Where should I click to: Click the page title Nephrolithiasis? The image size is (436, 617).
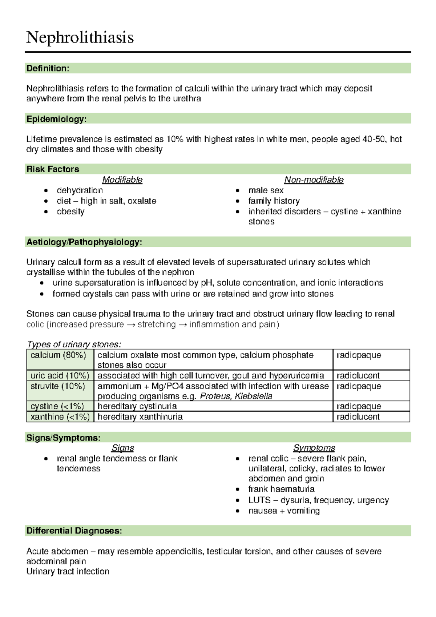tap(80, 37)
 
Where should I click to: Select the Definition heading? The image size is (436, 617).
tap(48, 68)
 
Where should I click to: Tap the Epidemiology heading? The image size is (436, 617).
tap(56, 119)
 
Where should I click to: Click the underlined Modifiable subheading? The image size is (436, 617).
tap(122, 180)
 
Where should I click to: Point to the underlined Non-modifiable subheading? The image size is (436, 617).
tap(314, 180)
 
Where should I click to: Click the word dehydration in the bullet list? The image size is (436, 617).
tap(80, 190)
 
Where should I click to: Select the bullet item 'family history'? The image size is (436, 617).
tap(274, 201)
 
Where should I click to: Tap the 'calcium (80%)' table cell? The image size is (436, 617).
tap(58, 355)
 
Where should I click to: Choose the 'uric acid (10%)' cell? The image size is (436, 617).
tap(60, 375)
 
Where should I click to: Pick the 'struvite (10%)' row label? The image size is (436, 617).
tap(58, 386)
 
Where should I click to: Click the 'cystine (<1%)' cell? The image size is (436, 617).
tap(57, 406)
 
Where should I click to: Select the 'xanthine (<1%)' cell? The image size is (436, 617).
tap(60, 417)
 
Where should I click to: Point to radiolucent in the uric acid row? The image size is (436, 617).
tap(358, 375)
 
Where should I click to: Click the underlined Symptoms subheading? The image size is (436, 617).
tap(314, 448)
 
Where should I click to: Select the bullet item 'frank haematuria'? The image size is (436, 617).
tap(281, 489)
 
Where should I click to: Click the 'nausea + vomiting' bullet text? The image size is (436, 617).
tap(284, 511)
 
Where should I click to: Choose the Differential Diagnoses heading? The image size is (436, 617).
tap(74, 531)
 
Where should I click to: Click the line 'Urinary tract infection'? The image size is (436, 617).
tap(68, 572)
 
